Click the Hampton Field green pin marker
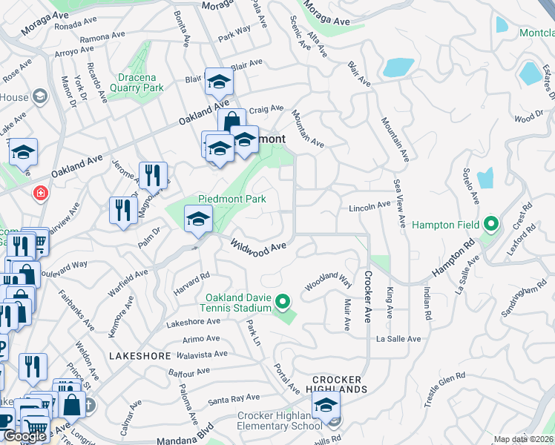[490, 223]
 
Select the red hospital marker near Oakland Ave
[39, 194]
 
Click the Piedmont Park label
[231, 199]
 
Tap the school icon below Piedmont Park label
[198, 220]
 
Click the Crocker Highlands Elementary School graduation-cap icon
[325, 406]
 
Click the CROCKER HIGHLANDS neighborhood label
[340, 383]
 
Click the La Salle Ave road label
[398, 339]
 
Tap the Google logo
[24, 436]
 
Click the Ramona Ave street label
[102, 36]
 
